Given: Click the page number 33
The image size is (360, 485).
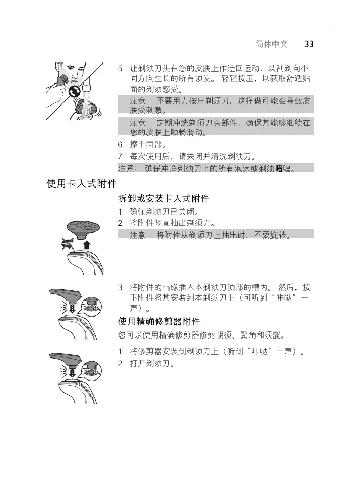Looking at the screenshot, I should [x=309, y=44].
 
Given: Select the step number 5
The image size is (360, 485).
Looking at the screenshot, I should [x=121, y=68].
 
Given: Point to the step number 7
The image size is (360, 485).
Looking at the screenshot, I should [x=121, y=156].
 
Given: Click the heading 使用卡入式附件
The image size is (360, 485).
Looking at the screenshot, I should [x=82, y=183].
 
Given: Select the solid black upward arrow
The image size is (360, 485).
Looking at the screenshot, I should [x=86, y=244].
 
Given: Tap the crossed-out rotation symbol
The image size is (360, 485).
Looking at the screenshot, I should [x=67, y=244].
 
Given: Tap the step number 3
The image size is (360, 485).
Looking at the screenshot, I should [x=121, y=287].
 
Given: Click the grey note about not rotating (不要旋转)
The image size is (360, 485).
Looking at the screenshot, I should [x=215, y=235].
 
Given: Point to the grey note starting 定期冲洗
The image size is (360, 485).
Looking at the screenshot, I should [x=215, y=128].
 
